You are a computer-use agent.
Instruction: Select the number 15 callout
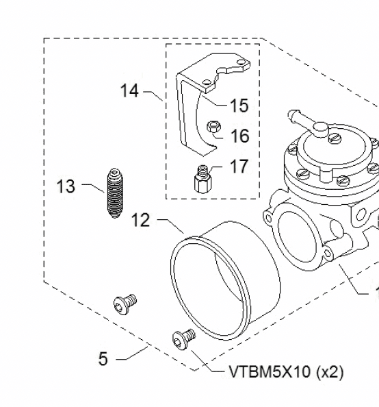[x=239, y=106]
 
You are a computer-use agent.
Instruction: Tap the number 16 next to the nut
[x=239, y=136]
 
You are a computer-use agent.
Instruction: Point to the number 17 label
[x=239, y=166]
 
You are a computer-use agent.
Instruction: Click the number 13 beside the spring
[x=66, y=186]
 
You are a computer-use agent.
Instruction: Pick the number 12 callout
[x=140, y=220]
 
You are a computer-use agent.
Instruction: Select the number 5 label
[x=103, y=358]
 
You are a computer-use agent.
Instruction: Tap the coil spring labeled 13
[x=114, y=193]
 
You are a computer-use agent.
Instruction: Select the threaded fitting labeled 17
[x=202, y=180]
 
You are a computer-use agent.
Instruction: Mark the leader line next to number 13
[x=91, y=185]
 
